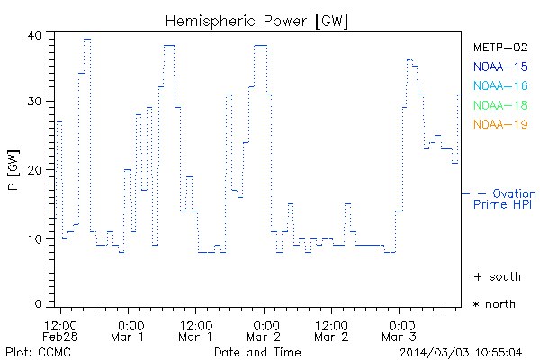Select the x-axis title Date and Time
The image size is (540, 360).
click(257, 351)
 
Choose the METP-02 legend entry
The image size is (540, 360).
click(500, 47)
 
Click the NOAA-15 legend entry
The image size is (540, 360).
click(500, 67)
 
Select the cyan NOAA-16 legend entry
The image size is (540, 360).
click(500, 85)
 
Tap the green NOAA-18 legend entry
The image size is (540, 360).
click(500, 105)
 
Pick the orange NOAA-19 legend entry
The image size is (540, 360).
click(500, 124)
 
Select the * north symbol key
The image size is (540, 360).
click(495, 304)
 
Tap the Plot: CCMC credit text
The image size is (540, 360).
click(31, 351)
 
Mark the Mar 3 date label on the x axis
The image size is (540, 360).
click(400, 337)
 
